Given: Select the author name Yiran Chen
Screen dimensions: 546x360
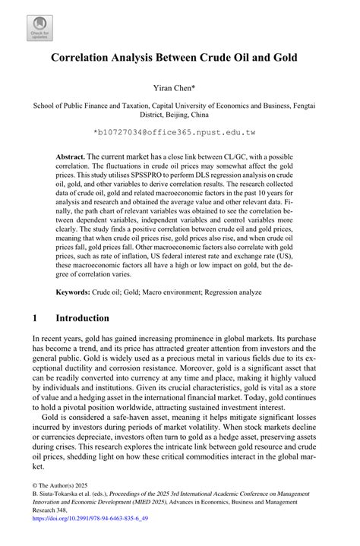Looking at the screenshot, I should (x=180, y=88).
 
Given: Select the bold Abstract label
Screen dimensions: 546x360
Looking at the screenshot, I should (x=70, y=154).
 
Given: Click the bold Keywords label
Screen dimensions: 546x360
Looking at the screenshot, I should (x=77, y=292).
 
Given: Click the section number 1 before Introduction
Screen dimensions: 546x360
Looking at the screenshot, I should (x=36, y=317).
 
